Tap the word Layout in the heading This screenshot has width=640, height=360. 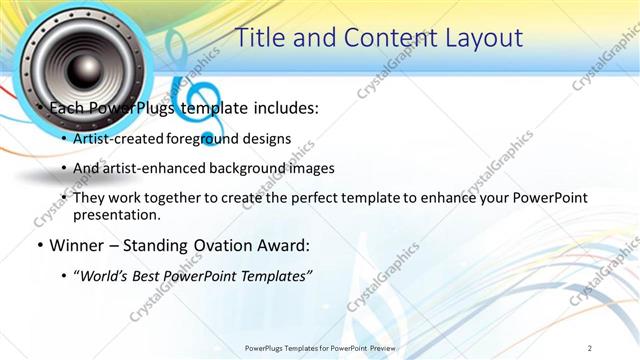478,38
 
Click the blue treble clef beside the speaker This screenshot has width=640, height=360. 190,85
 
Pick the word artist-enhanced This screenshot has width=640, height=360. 150,168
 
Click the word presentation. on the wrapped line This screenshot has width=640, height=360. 117,215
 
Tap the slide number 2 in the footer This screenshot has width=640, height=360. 590,347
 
